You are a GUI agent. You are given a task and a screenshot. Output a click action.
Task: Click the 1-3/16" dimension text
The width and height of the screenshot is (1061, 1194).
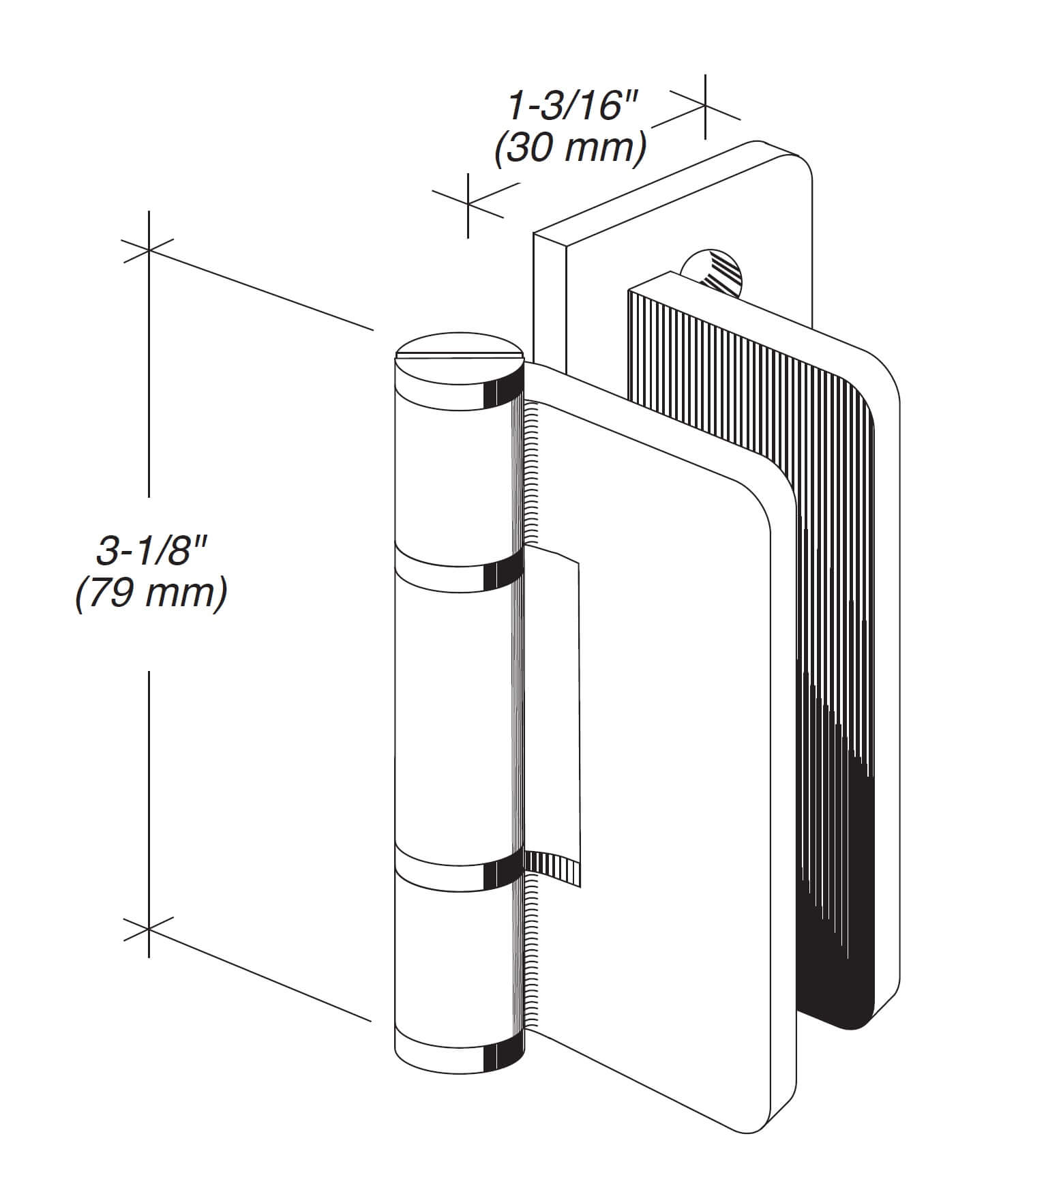(x=572, y=108)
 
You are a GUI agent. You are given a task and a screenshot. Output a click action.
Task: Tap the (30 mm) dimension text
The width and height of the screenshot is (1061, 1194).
(x=570, y=148)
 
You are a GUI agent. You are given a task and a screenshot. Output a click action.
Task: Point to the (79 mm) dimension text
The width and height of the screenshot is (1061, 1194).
(x=151, y=593)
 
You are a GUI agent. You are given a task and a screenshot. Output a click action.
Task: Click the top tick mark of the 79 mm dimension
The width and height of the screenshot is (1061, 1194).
(x=148, y=250)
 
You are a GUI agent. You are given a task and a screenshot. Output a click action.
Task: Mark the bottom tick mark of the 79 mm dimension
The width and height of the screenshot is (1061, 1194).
(x=148, y=929)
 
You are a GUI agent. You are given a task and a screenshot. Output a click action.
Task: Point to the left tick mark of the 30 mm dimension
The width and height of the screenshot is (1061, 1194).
(x=468, y=202)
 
